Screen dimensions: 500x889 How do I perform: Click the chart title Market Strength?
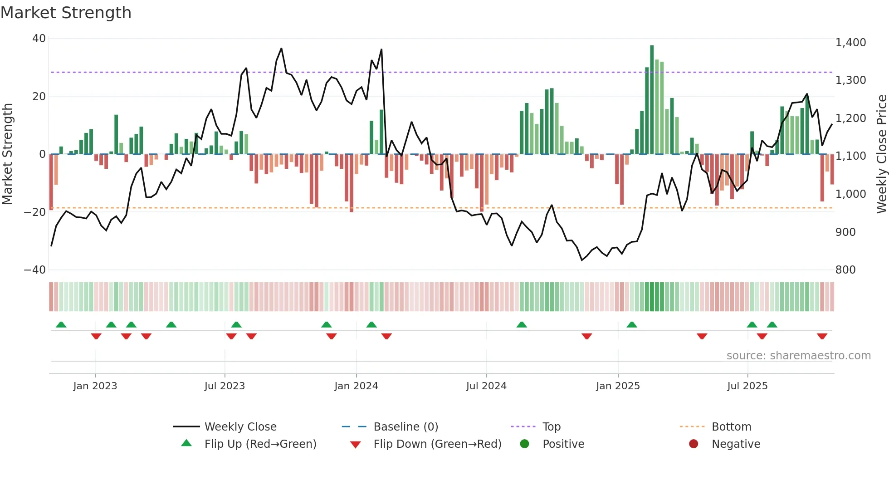coord(66,13)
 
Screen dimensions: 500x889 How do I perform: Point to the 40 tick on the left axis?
coord(39,39)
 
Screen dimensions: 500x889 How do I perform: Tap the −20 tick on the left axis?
coord(35,212)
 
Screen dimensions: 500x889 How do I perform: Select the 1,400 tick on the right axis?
coord(850,43)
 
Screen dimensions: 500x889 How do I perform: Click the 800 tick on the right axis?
coord(845,270)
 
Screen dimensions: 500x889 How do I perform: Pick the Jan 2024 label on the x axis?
coord(356,386)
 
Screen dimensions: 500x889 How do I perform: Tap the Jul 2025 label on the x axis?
coord(747,386)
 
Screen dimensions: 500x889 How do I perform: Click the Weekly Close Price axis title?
coord(881,154)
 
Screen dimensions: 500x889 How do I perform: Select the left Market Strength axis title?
coord(8,154)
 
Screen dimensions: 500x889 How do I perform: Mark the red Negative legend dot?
coord(694,444)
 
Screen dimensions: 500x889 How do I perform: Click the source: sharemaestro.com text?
coord(798,356)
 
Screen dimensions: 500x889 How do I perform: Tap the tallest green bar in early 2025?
coord(652,100)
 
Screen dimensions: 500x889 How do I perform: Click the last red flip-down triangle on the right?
coord(822,336)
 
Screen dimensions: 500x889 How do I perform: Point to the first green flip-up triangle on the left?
coord(61,324)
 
